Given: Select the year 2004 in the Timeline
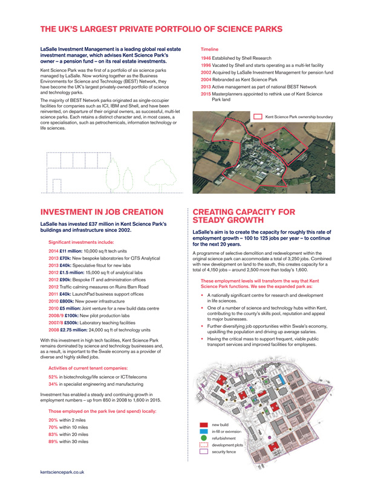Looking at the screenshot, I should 206,78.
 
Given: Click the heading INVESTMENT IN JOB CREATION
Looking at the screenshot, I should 101,212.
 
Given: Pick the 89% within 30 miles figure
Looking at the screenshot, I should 53,441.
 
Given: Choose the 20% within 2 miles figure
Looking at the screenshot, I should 53,420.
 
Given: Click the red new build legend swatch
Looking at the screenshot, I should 204,426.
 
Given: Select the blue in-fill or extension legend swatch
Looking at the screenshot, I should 204,432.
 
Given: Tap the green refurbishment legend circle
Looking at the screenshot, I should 204,438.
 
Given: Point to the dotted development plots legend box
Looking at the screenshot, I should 204,445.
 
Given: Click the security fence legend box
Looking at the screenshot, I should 204,452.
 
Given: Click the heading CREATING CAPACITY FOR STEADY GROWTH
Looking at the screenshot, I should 244,216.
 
